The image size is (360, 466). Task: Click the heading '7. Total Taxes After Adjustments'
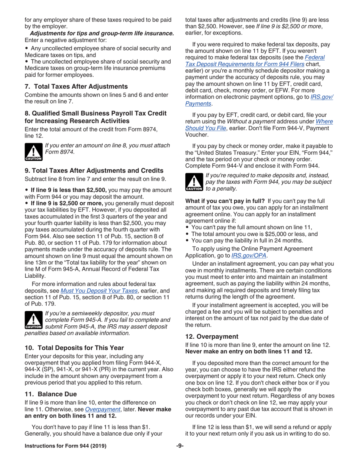click(x=76, y=86)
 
